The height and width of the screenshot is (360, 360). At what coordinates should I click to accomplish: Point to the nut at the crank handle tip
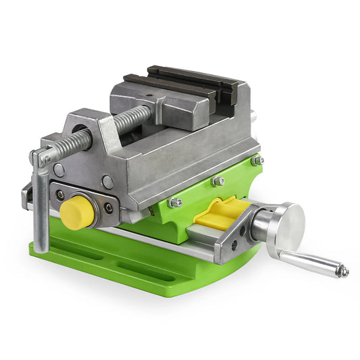coord(344,272)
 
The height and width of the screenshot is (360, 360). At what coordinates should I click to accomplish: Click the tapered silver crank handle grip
coord(311,261)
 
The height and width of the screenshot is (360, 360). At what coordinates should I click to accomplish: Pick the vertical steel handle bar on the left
coord(40,209)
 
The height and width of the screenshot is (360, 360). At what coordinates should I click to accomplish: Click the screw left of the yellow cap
coord(60,195)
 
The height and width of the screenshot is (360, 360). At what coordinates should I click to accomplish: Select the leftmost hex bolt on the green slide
coord(174,202)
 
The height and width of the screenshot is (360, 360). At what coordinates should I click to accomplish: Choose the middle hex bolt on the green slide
coord(217,181)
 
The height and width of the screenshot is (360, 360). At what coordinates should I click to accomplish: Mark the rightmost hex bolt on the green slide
coord(257,161)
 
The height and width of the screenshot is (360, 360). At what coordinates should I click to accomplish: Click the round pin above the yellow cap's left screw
coord(60,170)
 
